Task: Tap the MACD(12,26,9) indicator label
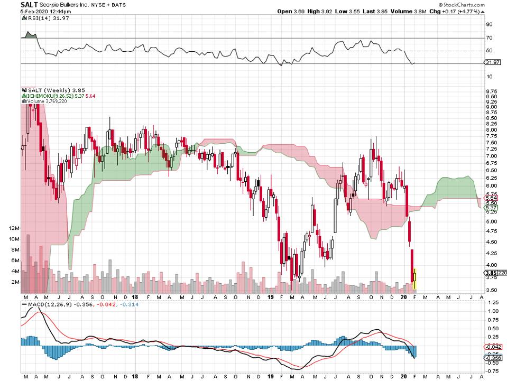(x=44, y=304)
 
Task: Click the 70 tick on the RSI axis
(x=489, y=38)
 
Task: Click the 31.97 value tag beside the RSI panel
(x=492, y=62)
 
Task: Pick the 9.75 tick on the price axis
(x=491, y=91)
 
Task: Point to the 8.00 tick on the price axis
(x=491, y=129)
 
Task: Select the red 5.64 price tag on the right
(x=491, y=198)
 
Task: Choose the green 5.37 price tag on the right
(x=491, y=208)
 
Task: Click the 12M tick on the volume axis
(x=14, y=228)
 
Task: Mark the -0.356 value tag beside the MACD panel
(x=493, y=358)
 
